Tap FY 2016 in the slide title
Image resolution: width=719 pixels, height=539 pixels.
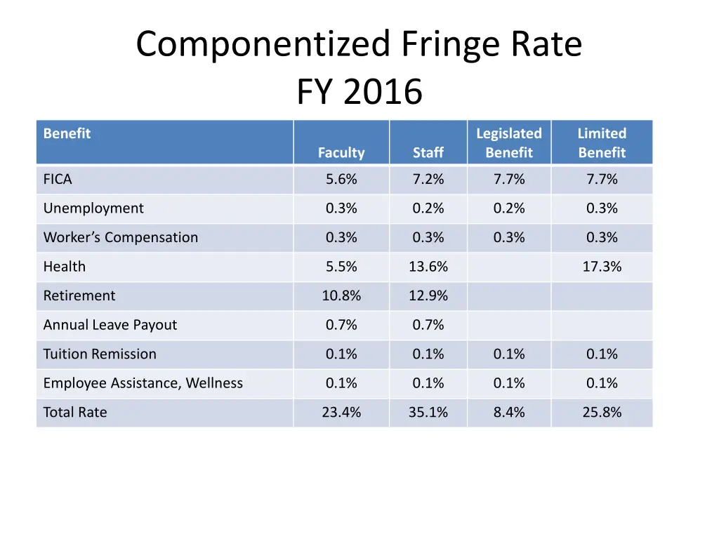point(359,92)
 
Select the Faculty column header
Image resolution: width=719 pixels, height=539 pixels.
point(341,152)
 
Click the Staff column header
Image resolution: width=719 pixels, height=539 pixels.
point(428,152)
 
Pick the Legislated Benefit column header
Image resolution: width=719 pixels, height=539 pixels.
point(509,142)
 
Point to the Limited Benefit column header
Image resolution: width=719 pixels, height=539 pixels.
point(602,142)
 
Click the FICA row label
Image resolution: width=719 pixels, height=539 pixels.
point(58,179)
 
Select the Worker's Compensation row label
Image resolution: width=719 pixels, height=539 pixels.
point(121,237)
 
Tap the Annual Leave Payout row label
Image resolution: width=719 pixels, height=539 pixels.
point(110,325)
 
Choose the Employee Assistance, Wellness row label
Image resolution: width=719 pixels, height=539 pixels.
point(143,383)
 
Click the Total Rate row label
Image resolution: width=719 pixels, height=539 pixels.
point(75,412)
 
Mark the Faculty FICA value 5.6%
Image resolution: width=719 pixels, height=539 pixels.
point(341,179)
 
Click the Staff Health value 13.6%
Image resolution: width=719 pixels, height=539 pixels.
point(428,267)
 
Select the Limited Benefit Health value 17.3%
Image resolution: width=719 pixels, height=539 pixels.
point(602,267)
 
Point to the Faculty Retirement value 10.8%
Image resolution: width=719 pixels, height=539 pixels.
point(341,295)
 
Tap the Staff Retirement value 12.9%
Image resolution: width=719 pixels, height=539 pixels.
point(428,295)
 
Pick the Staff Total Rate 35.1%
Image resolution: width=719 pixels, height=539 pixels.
point(428,412)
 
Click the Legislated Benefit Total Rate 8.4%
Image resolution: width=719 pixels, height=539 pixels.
point(509,412)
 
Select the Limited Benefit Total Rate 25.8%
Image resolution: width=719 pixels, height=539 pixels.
point(602,412)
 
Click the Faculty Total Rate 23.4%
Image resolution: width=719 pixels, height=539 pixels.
point(341,412)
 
